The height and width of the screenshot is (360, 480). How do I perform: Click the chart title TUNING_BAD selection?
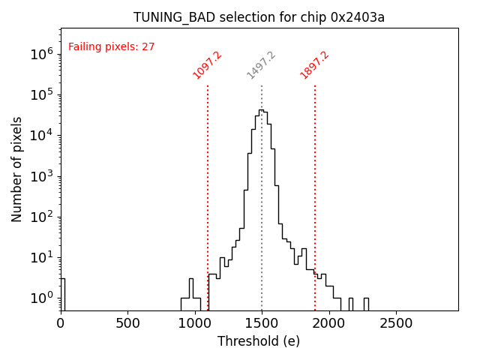click(x=259, y=17)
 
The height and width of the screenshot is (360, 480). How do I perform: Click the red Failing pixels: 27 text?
click(x=112, y=46)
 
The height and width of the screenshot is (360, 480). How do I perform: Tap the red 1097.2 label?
click(x=207, y=65)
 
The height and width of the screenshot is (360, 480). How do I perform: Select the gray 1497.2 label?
click(x=261, y=65)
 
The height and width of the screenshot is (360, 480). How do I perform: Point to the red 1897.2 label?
click(x=314, y=65)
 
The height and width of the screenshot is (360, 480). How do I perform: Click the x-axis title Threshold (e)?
click(x=259, y=341)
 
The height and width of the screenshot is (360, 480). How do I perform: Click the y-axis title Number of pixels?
click(x=17, y=169)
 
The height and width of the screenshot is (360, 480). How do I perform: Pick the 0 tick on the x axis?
click(x=61, y=323)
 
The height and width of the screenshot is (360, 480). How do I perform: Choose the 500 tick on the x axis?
click(x=127, y=323)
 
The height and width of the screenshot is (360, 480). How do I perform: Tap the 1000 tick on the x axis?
click(x=194, y=323)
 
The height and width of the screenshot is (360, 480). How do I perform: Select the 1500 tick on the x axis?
click(x=262, y=323)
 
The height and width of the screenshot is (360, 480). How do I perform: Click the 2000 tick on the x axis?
click(x=328, y=323)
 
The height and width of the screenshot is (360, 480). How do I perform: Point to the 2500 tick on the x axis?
click(x=395, y=323)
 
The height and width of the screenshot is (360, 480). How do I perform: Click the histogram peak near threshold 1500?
click(x=261, y=110)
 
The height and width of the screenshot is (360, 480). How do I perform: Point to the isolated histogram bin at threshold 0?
click(x=62, y=292)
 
